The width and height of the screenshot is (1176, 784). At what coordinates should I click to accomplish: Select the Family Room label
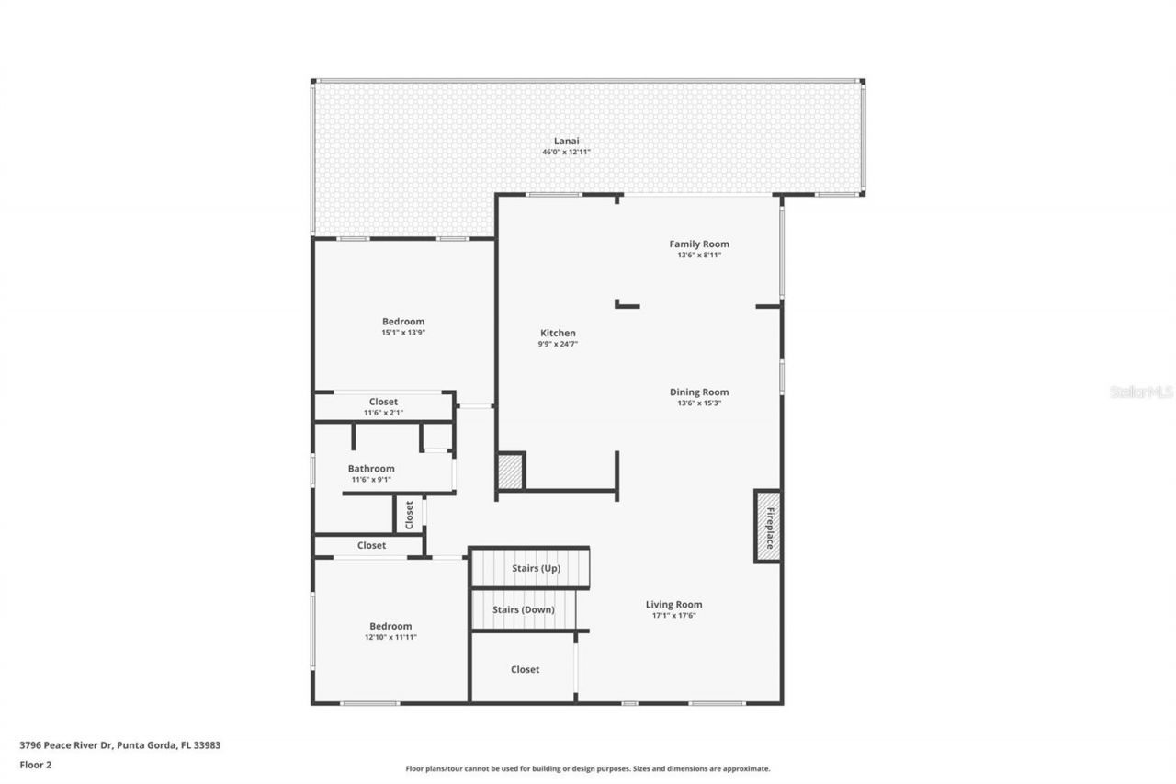coord(698,244)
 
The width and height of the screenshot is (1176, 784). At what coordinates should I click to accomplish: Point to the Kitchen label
coord(558,333)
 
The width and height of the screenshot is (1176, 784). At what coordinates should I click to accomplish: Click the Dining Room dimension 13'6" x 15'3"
coord(698,403)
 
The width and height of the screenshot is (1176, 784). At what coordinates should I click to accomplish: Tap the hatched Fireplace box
coord(768,527)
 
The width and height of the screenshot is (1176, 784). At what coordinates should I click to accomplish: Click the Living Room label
coord(673,604)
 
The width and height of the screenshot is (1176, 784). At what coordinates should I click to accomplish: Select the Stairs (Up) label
coord(536,568)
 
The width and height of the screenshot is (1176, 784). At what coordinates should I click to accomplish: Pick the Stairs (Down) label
coord(523,609)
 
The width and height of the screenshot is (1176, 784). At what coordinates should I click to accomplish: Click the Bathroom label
coord(370,468)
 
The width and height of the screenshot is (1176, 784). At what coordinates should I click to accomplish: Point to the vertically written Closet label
coord(409,515)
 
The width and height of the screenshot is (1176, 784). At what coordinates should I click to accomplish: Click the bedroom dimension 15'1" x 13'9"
coord(403,333)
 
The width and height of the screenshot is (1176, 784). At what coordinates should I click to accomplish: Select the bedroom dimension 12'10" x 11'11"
coord(390,637)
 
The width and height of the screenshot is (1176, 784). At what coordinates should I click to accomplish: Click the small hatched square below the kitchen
coord(510,472)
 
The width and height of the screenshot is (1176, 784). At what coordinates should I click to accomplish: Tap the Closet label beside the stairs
coord(525,669)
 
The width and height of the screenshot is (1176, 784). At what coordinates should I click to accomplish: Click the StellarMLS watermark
coord(1141,392)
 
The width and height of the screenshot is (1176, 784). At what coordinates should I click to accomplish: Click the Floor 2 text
coord(35,764)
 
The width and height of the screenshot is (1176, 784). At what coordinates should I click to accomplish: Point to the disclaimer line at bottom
coord(588,768)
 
